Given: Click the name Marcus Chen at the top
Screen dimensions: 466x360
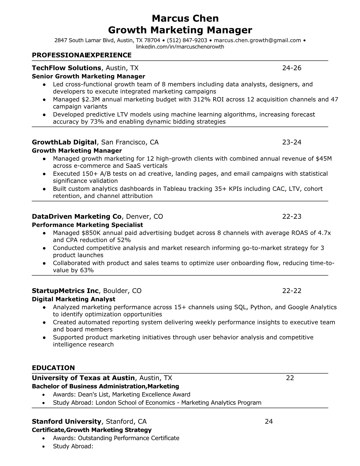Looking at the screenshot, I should [185, 19].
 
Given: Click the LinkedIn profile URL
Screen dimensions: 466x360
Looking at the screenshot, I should [180, 46].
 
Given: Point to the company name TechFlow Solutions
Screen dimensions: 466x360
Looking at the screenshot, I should [66, 68].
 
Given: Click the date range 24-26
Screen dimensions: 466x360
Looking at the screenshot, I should [292, 68].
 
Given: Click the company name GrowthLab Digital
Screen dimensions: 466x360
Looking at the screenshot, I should [64, 142].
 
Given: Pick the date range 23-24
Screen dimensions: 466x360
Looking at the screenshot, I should [292, 142].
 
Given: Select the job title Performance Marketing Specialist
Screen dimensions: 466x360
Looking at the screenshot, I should [87, 225].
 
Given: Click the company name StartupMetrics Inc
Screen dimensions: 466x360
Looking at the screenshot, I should [65, 291].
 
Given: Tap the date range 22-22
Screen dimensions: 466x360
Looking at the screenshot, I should [292, 291].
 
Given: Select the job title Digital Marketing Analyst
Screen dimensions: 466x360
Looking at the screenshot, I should [74, 299].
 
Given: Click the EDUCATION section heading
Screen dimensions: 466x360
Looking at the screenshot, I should [53, 368].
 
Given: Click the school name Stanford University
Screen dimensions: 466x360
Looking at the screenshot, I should [66, 422].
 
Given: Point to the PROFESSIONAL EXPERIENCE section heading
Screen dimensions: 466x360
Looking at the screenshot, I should [81, 55].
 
